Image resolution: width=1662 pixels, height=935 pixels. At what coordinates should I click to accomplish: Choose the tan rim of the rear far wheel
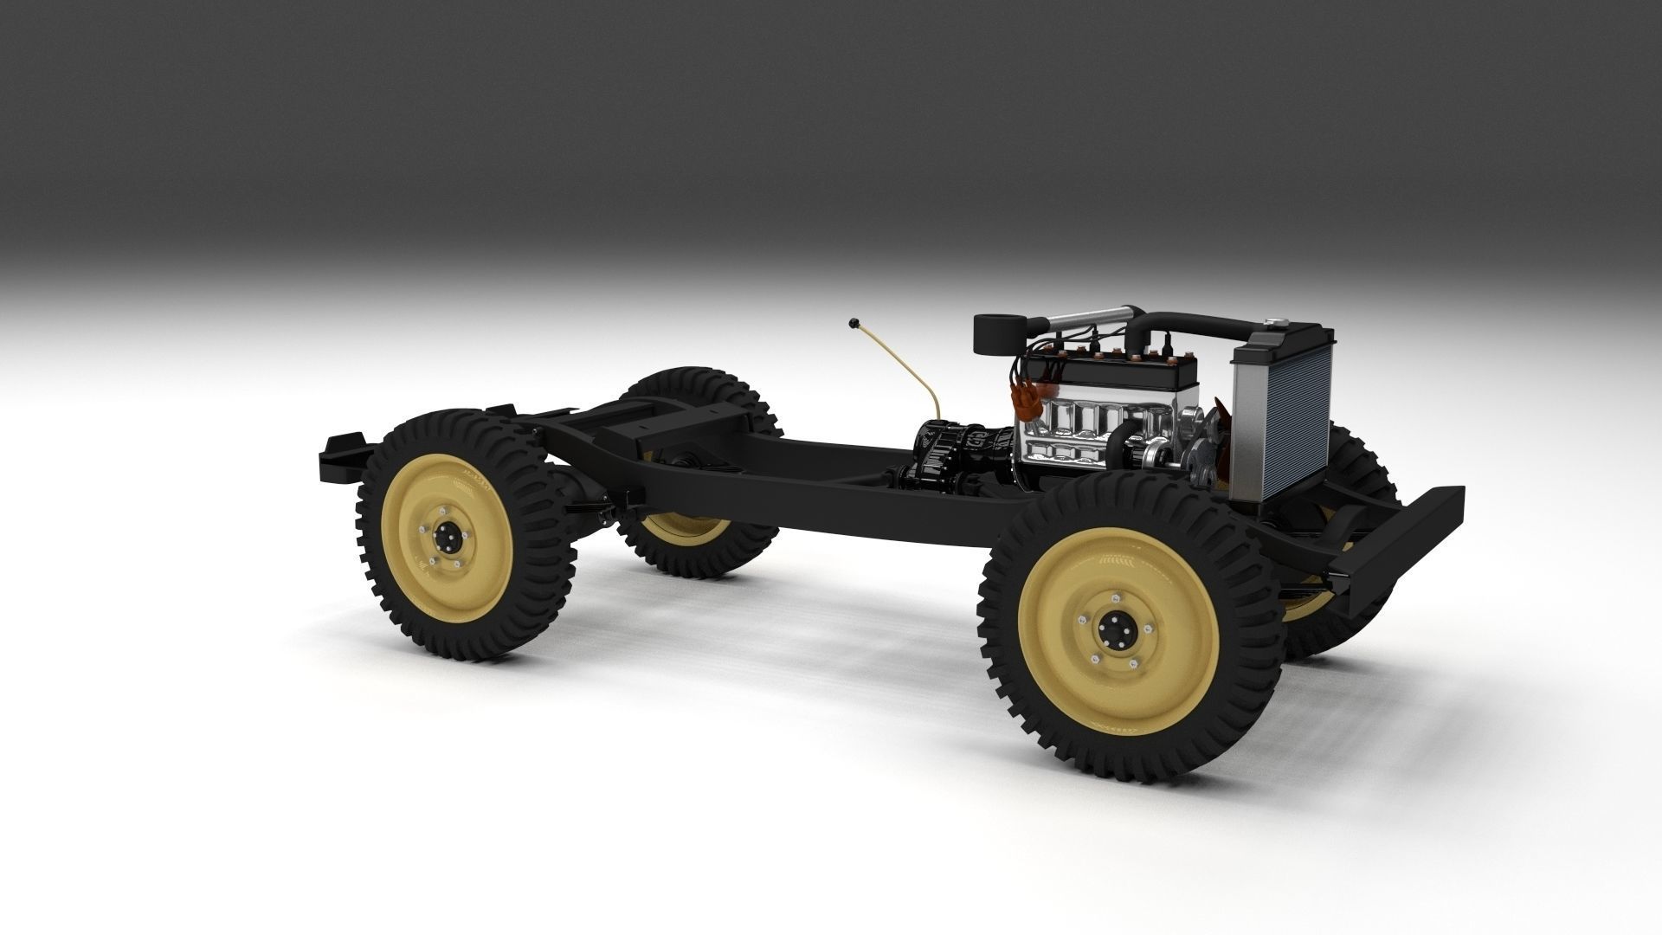(684, 526)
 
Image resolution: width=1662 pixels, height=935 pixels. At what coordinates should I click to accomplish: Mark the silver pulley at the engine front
(1160, 451)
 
